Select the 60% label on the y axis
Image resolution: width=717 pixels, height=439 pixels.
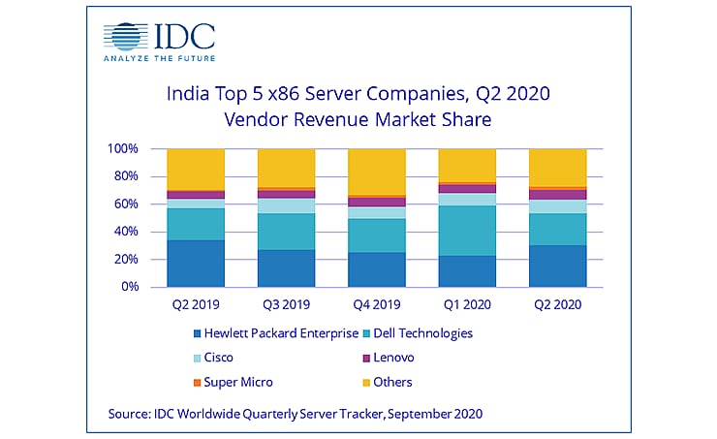point(126,204)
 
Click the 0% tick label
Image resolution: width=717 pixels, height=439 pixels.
point(130,287)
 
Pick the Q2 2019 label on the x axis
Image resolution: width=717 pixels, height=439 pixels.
point(195,302)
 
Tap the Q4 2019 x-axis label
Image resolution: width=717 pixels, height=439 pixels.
point(376,302)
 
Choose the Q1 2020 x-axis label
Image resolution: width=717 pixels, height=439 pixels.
point(466,302)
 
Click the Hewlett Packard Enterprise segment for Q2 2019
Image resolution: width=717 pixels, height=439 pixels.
point(195,264)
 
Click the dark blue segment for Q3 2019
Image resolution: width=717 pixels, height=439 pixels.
point(286,268)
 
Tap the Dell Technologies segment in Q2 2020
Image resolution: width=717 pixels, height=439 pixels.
point(557,229)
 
